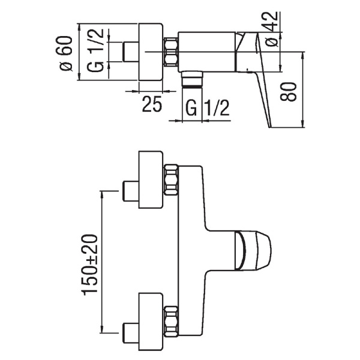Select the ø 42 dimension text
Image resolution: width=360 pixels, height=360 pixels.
point(271,29)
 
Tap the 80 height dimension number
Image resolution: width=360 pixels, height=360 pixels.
point(288,92)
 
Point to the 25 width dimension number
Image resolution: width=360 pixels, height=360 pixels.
point(152,104)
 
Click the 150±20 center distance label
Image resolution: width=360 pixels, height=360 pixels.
point(89,265)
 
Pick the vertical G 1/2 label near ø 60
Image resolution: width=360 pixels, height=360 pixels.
point(95,50)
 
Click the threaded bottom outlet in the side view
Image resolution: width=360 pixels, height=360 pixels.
point(192,79)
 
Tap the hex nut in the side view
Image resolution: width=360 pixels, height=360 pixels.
point(170,52)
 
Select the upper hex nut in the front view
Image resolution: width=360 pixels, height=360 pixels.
point(171,180)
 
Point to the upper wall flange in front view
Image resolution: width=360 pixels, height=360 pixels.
point(151,180)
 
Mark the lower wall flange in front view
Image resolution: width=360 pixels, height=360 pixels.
point(151,322)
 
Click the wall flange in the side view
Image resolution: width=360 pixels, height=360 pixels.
point(151,52)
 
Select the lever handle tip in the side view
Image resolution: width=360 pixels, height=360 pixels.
point(270,127)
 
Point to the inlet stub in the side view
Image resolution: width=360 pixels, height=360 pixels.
point(131,52)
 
